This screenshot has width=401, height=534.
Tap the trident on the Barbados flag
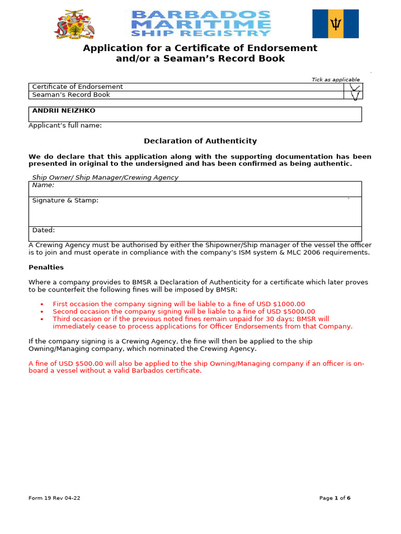click(x=335, y=23)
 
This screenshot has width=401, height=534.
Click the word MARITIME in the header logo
click(x=201, y=23)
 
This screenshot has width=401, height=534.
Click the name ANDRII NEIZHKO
click(x=64, y=111)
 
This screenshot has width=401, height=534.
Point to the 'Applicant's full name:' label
click(x=65, y=126)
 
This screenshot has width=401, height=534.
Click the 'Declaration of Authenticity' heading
click(x=200, y=141)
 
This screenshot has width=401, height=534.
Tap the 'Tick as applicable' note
click(x=336, y=79)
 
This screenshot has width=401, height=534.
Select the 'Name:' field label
click(x=43, y=185)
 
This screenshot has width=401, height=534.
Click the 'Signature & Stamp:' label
click(x=65, y=200)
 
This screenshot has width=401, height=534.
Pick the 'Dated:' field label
click(x=43, y=230)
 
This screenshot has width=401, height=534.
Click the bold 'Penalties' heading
click(x=46, y=267)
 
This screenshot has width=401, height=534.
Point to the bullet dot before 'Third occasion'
click(x=42, y=319)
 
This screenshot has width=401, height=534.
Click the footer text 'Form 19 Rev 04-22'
click(x=54, y=498)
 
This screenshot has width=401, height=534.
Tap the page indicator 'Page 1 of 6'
click(x=335, y=498)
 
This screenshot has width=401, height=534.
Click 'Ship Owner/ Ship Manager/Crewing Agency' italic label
click(x=105, y=177)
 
